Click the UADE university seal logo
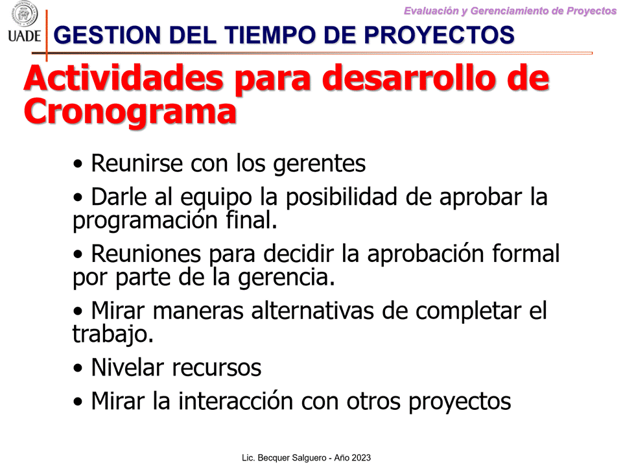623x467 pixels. coord(25,14)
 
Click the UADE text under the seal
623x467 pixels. coord(24,36)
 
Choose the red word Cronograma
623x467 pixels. coord(130,112)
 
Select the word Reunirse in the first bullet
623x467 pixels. coord(137,163)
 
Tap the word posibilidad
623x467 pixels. coord(342,197)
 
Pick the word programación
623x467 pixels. coord(145,221)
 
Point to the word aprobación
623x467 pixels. coord(425,254)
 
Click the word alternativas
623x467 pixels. coord(312,311)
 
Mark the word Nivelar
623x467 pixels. coord(127,367)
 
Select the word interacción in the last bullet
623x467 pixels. coord(235,401)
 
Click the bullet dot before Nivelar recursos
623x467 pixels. coord(78,368)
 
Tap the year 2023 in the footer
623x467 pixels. coord(360,458)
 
